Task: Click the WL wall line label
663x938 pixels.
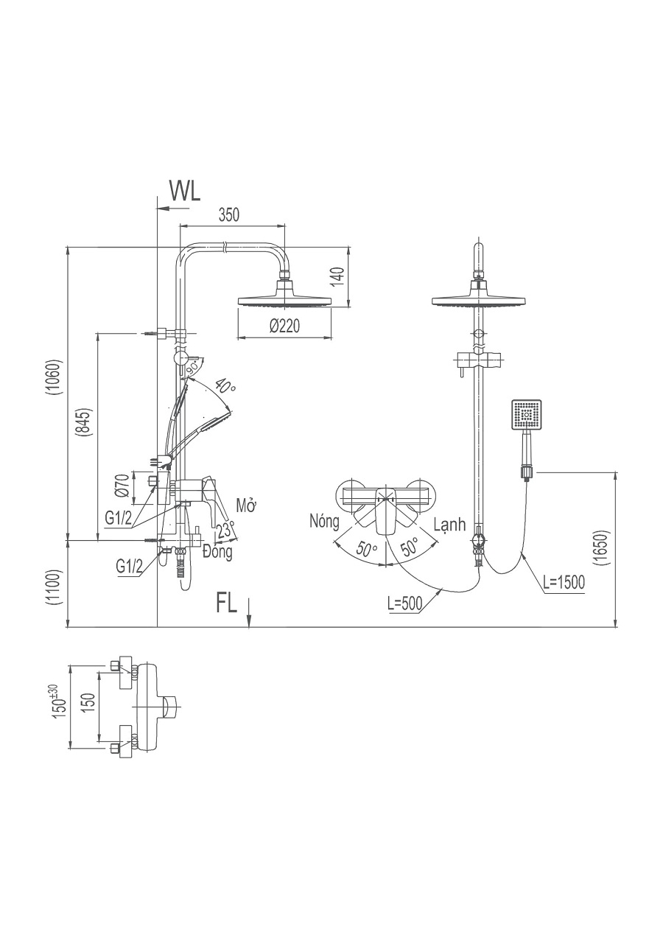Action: tap(185, 191)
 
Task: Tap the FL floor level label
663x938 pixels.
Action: tap(227, 603)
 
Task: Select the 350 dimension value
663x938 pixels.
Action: tap(229, 215)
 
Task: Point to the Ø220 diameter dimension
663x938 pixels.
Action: tap(284, 326)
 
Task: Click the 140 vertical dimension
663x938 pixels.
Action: tap(336, 276)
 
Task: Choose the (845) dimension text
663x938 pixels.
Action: tap(85, 424)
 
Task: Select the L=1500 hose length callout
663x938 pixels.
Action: tap(564, 582)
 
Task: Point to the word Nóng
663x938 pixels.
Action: tap(325, 522)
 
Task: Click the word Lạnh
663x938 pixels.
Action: tap(450, 525)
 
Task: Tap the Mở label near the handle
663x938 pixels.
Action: tap(245, 505)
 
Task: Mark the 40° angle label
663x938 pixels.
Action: tap(225, 386)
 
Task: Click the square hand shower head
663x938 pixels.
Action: tap(526, 415)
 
